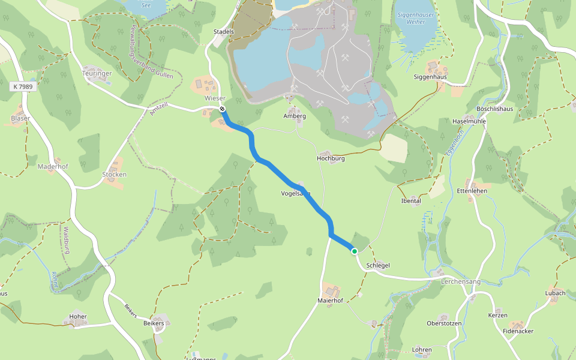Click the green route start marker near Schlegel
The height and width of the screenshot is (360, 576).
(x=355, y=251)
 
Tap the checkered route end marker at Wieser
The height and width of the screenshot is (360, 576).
(x=223, y=109)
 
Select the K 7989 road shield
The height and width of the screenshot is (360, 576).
(x=23, y=87)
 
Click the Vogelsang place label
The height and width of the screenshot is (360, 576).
(x=296, y=193)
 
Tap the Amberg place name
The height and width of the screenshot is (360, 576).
(x=295, y=116)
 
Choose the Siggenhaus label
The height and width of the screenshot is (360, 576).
(x=430, y=77)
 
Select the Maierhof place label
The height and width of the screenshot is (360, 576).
(x=330, y=300)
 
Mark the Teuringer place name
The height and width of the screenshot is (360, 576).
(x=97, y=73)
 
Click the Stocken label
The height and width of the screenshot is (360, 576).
(x=114, y=175)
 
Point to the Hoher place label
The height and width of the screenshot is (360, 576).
(x=78, y=316)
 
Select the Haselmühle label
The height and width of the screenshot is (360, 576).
(x=469, y=121)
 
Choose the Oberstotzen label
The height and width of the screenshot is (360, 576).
(x=444, y=323)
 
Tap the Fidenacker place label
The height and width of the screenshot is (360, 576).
(x=518, y=331)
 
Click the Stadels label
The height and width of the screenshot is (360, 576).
(x=223, y=31)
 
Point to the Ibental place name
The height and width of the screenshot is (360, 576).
(x=411, y=200)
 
